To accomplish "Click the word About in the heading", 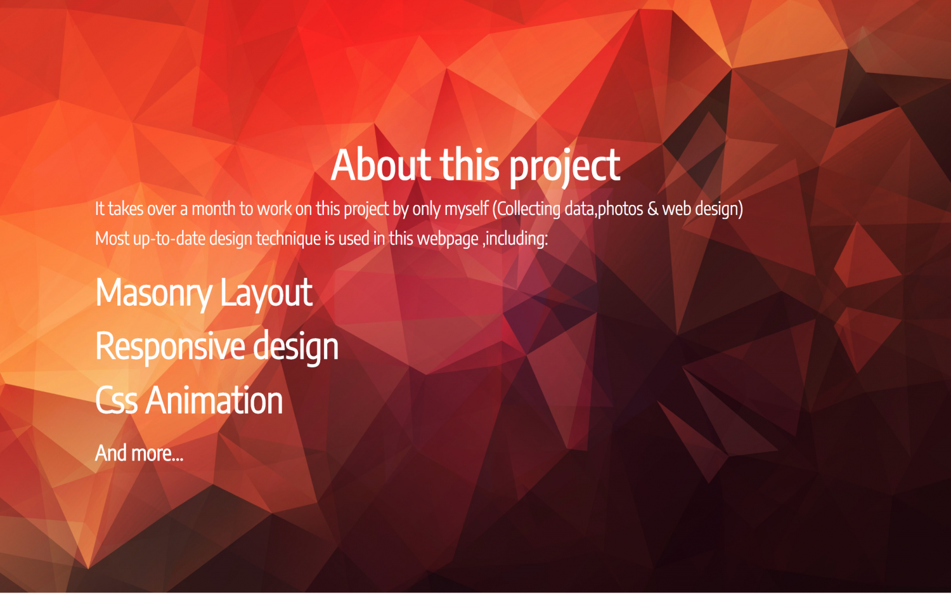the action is tap(381, 165).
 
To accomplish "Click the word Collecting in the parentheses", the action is tap(526, 209).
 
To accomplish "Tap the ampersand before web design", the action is tap(653, 209).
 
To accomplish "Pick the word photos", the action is tap(620, 209).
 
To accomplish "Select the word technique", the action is tap(288, 239).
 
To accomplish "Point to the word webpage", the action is tap(448, 239).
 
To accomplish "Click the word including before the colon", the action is tap(515, 239).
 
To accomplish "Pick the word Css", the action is tap(116, 400).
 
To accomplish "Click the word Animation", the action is tap(214, 400).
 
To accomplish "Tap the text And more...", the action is tap(139, 453).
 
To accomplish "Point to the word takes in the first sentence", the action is tap(126, 209).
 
